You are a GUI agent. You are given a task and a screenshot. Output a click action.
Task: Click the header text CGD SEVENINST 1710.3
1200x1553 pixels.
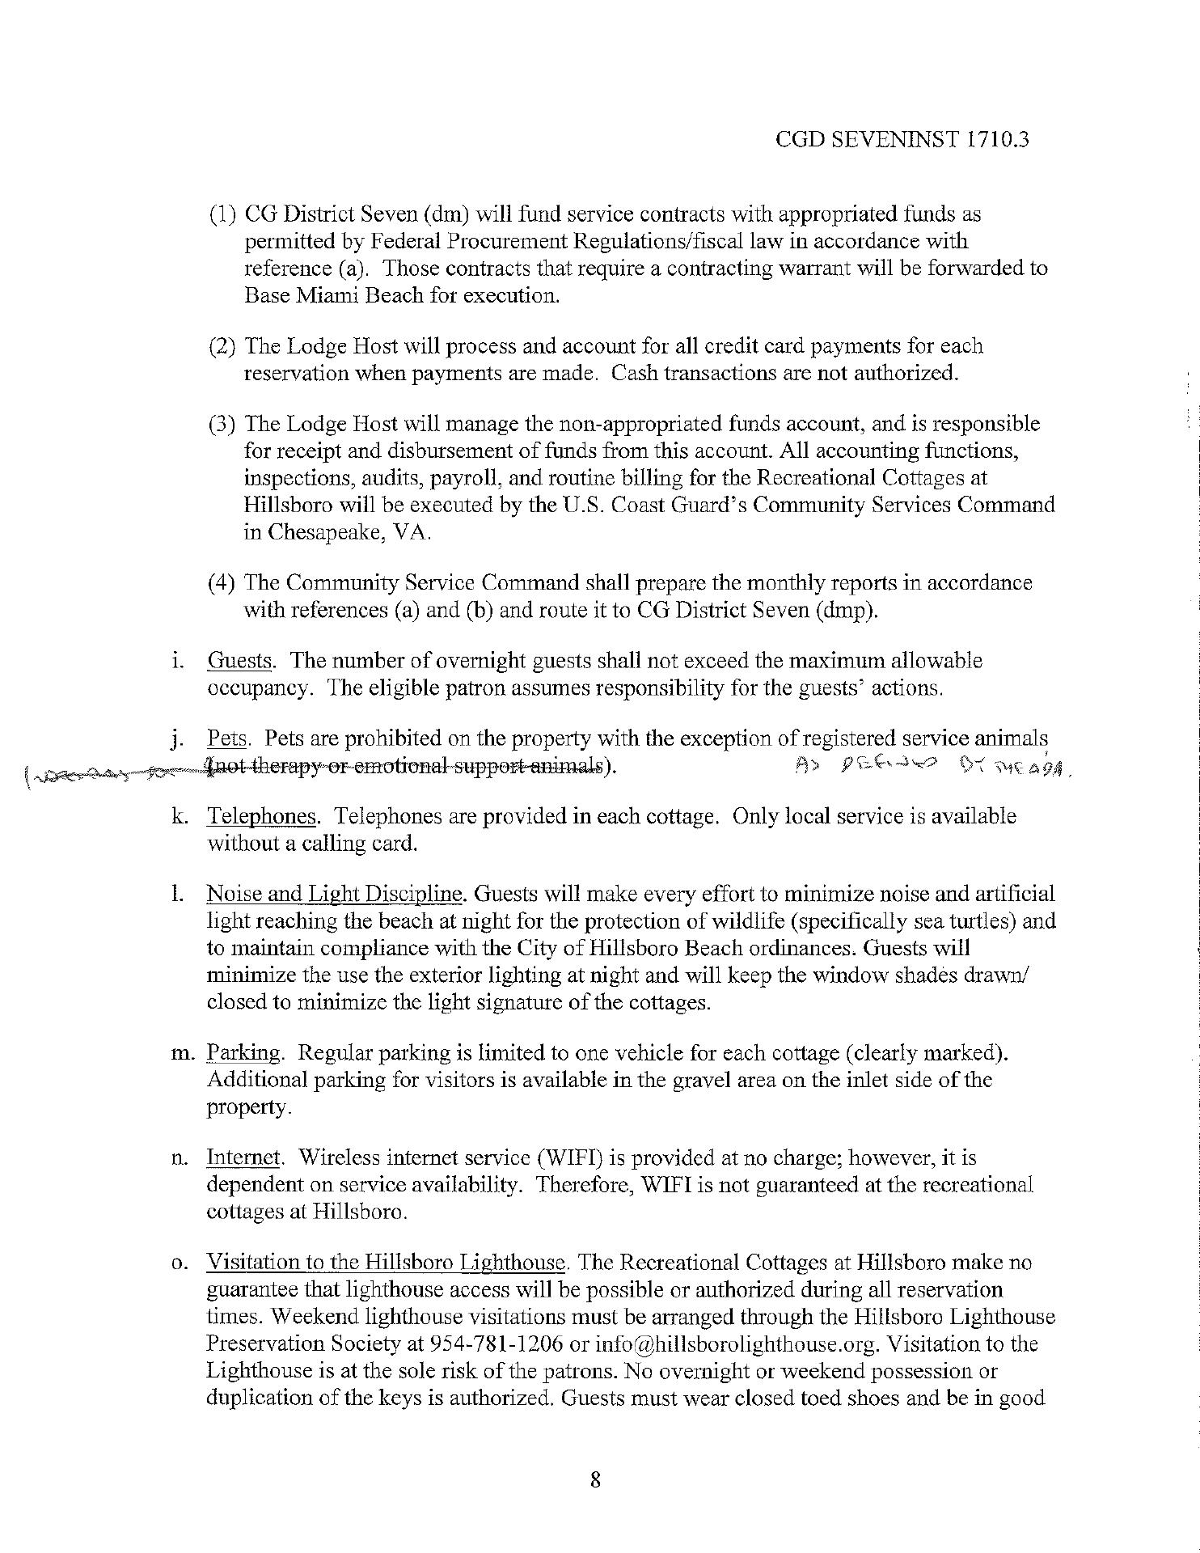(x=902, y=140)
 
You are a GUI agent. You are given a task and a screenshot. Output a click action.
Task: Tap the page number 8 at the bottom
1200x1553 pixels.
(x=595, y=1480)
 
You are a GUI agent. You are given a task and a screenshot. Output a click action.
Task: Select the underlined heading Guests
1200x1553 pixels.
(x=239, y=661)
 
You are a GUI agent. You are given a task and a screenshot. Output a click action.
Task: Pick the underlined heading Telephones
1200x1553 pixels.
(x=261, y=816)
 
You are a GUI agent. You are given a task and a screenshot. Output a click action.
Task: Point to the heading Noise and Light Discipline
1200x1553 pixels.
(x=336, y=894)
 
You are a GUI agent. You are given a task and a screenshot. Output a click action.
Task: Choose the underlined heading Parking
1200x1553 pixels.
(x=243, y=1053)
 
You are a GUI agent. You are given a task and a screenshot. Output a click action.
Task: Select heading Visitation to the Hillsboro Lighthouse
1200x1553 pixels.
(x=386, y=1263)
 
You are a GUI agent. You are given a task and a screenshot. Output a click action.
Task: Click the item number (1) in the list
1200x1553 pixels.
(x=222, y=215)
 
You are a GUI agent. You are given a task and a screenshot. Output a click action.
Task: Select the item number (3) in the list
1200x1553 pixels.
(x=222, y=424)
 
